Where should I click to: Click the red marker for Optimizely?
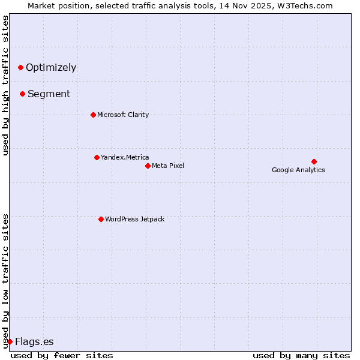click(x=20, y=67)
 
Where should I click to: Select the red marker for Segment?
click(x=22, y=94)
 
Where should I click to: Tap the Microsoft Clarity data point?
click(x=93, y=115)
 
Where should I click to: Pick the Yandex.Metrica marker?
click(x=97, y=157)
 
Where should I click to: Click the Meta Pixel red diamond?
click(x=148, y=166)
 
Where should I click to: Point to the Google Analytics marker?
click(x=314, y=161)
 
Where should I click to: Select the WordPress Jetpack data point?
click(x=101, y=219)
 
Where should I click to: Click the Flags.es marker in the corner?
click(x=10, y=341)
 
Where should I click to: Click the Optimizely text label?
click(x=51, y=67)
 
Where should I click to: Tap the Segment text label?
click(x=49, y=94)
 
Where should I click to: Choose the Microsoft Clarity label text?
click(x=123, y=115)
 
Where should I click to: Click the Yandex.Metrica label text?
click(x=125, y=157)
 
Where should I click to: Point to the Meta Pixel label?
click(x=168, y=166)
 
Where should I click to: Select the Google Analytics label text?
click(x=298, y=170)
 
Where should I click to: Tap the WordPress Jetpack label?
click(x=134, y=219)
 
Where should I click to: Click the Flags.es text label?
click(x=34, y=341)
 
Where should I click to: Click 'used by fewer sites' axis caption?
click(x=62, y=355)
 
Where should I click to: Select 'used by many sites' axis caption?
click(x=301, y=355)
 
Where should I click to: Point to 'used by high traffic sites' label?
click(x=5, y=85)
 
